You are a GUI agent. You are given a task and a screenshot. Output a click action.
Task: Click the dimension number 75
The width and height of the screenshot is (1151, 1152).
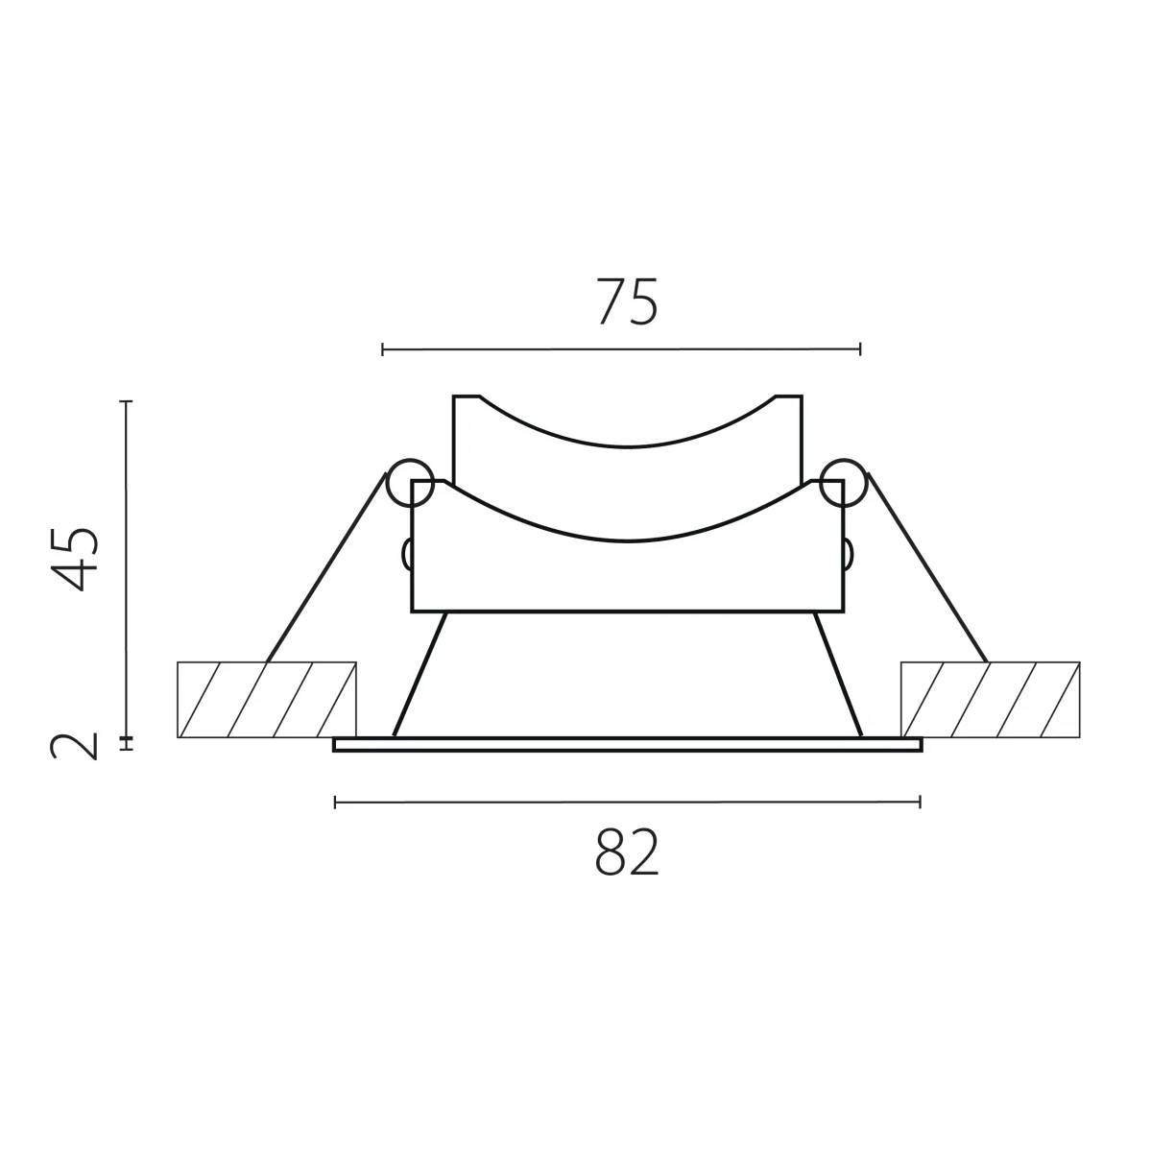(627, 301)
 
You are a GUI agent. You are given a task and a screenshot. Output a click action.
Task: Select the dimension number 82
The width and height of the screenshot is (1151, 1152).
(627, 852)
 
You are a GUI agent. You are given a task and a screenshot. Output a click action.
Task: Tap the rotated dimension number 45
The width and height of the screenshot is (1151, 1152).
(75, 559)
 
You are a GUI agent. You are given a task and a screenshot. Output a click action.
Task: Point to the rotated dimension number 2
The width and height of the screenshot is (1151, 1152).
(74, 746)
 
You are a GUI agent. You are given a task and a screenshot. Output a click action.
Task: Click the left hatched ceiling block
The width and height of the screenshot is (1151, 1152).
(267, 700)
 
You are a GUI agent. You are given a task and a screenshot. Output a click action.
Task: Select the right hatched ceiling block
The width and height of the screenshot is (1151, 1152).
(990, 700)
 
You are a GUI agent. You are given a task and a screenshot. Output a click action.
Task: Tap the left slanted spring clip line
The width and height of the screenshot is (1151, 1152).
(326, 568)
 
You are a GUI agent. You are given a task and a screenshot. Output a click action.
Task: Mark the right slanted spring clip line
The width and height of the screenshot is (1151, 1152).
(926, 568)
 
